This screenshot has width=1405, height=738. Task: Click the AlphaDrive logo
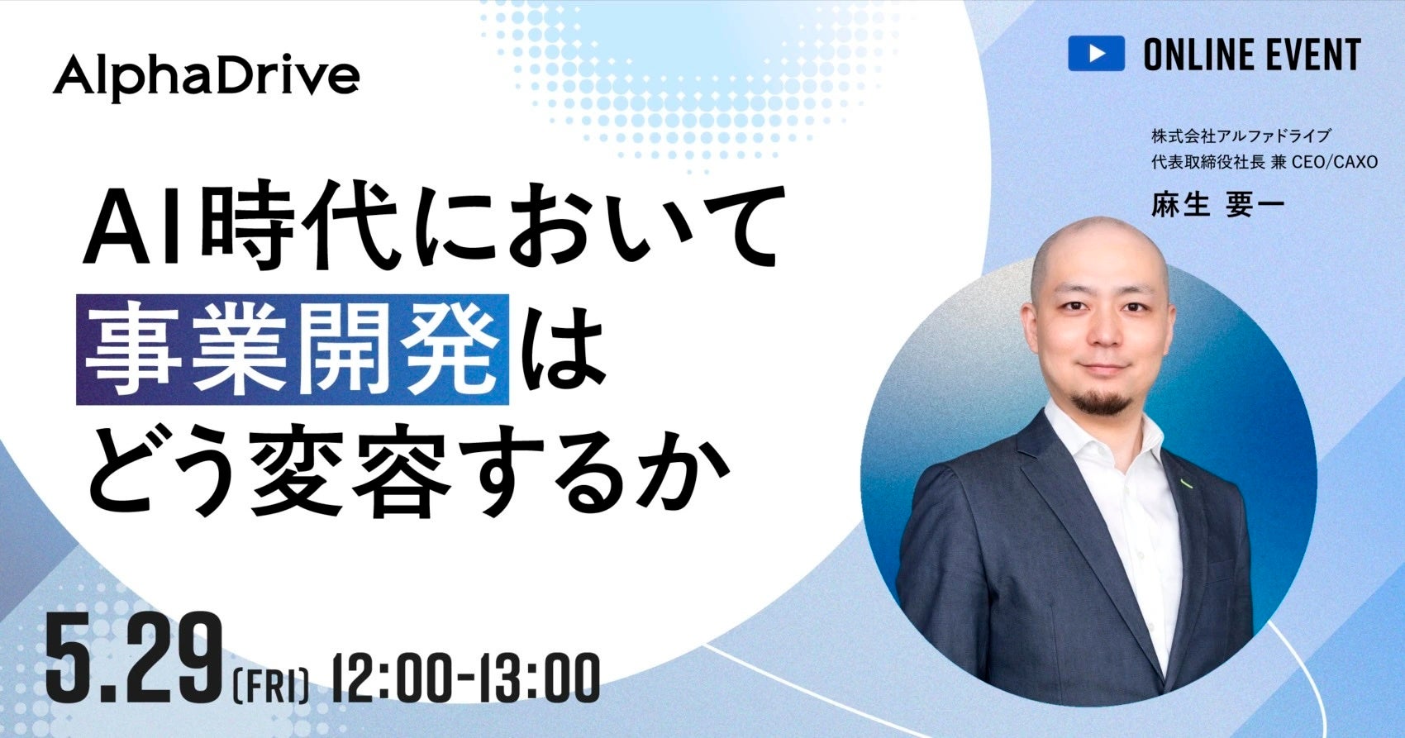coord(207,77)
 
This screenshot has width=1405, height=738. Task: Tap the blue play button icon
coord(1097,53)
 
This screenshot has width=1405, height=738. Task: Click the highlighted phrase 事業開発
coord(293,350)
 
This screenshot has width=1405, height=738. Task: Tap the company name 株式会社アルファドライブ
coord(1240,136)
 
